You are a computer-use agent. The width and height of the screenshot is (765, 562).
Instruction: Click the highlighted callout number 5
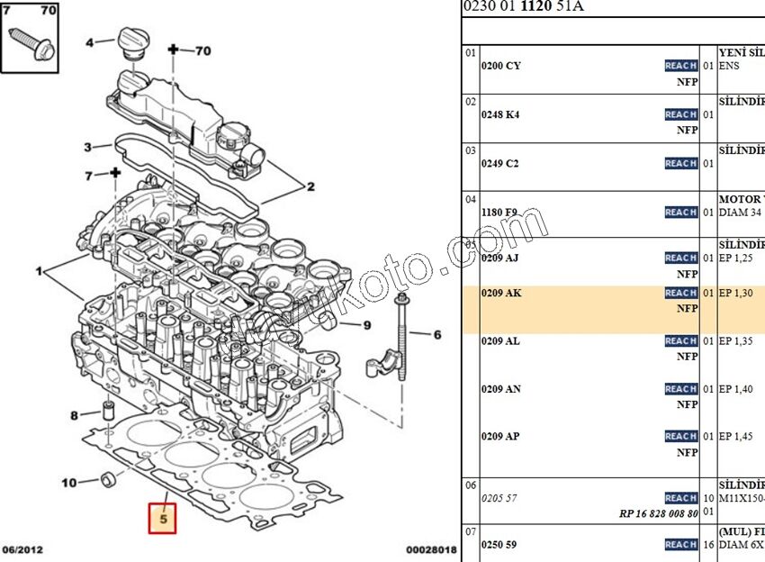pyautogui.click(x=163, y=519)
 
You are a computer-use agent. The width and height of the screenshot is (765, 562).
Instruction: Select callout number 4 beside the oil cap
pyautogui.click(x=90, y=42)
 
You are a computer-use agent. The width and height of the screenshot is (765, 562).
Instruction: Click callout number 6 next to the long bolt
pyautogui.click(x=437, y=335)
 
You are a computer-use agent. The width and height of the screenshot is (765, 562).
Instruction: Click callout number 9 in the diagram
pyautogui.click(x=368, y=324)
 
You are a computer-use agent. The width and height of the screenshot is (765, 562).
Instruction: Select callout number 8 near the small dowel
pyautogui.click(x=75, y=415)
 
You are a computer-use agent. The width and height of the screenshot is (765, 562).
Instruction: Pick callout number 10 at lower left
pyautogui.click(x=69, y=483)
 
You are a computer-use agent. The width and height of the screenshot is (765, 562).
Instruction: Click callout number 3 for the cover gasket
pyautogui.click(x=87, y=148)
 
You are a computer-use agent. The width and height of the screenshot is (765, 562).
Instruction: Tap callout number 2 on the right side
pyautogui.click(x=310, y=187)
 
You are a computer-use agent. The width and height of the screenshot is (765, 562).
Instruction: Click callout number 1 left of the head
pyautogui.click(x=39, y=270)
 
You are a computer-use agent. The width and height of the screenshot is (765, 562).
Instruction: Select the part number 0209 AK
pyautogui.click(x=500, y=294)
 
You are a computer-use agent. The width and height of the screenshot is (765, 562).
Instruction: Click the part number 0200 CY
pyautogui.click(x=500, y=66)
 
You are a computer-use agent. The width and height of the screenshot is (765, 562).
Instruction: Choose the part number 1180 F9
pyautogui.click(x=499, y=213)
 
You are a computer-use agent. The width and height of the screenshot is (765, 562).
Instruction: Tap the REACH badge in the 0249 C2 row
pyautogui.click(x=681, y=163)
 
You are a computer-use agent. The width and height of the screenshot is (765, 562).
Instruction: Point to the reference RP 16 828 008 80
pyautogui.click(x=658, y=514)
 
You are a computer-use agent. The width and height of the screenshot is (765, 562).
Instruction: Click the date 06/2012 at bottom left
pyautogui.click(x=22, y=549)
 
